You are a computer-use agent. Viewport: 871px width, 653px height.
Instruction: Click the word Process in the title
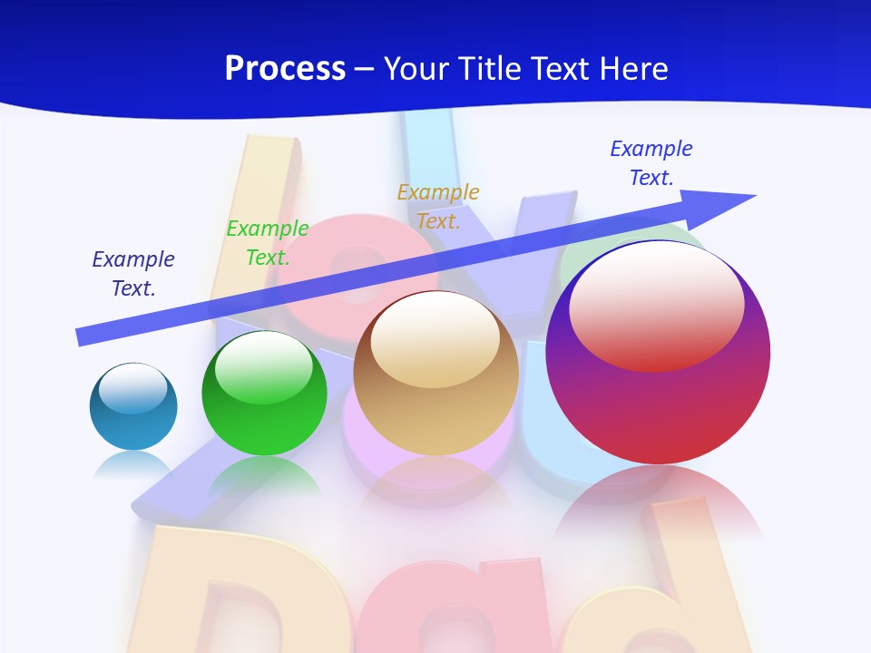coord(285,69)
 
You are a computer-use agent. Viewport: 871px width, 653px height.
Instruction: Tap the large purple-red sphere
coord(658,408)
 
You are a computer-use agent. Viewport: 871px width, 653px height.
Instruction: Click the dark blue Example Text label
coord(133,274)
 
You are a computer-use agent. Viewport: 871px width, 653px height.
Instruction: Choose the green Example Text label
coord(268,243)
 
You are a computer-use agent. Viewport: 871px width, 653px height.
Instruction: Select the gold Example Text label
coord(438,206)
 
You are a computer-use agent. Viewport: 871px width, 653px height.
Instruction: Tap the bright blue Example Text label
coord(651,162)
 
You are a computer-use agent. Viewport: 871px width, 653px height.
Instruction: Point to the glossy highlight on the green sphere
coord(263,367)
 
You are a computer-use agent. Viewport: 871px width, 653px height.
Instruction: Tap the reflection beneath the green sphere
coord(265,476)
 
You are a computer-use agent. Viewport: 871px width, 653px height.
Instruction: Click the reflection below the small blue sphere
coord(132,463)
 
